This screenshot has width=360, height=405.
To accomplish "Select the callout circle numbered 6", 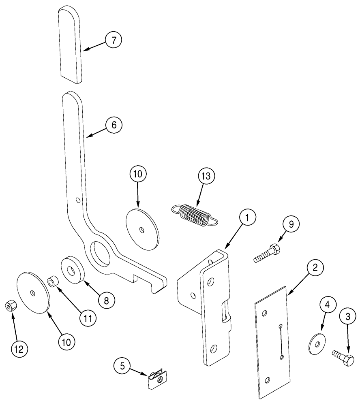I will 114,125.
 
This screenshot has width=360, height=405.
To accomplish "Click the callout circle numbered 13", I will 206,176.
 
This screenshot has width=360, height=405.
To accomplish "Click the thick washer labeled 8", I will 73,269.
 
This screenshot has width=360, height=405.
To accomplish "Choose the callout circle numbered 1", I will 248,217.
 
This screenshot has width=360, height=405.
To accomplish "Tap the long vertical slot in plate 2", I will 280,340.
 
